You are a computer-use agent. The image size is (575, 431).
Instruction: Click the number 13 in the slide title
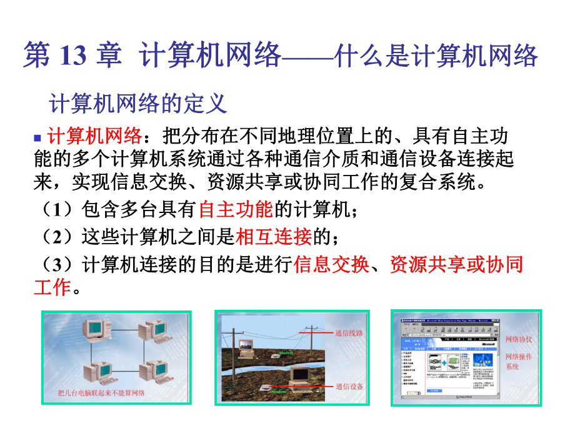[x=74, y=56]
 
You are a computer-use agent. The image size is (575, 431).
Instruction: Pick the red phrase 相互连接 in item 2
[x=274, y=237]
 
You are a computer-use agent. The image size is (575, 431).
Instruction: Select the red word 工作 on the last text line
[x=52, y=287]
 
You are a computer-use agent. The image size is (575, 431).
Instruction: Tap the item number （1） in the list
[x=57, y=211]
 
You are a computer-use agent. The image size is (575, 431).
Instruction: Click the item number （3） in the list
[x=57, y=265]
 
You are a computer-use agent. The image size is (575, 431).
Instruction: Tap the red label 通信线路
[x=349, y=333]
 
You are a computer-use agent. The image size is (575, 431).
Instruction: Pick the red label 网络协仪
[x=519, y=339]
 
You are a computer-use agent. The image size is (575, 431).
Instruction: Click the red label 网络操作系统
[x=519, y=362]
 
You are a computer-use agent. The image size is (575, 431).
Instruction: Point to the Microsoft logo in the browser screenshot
[x=489, y=342]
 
